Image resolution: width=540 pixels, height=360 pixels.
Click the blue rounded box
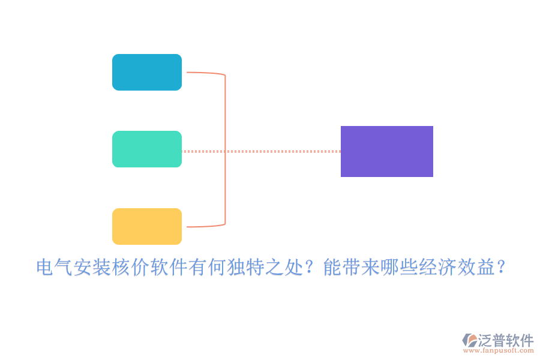click(x=147, y=72)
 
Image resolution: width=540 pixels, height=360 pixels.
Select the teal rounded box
click(x=147, y=149)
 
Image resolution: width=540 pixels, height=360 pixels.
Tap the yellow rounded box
click(x=147, y=226)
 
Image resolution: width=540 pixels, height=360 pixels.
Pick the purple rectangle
click(x=387, y=151)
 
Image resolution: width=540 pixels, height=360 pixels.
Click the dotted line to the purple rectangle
click(x=282, y=151)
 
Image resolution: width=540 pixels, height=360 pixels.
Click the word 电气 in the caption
click(x=55, y=268)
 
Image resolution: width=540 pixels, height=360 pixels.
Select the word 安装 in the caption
click(x=93, y=268)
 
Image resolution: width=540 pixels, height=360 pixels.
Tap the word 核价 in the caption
click(x=131, y=268)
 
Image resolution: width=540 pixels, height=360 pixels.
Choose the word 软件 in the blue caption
click(x=169, y=268)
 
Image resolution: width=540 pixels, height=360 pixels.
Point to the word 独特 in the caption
click(x=246, y=268)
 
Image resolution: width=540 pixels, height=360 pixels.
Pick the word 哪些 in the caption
click(x=400, y=268)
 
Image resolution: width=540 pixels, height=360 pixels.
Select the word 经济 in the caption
click(x=439, y=268)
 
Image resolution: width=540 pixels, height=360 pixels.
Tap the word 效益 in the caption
click(x=477, y=268)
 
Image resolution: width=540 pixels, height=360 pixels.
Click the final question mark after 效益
click(x=502, y=268)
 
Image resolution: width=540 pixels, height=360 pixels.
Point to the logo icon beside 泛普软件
click(x=470, y=341)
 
